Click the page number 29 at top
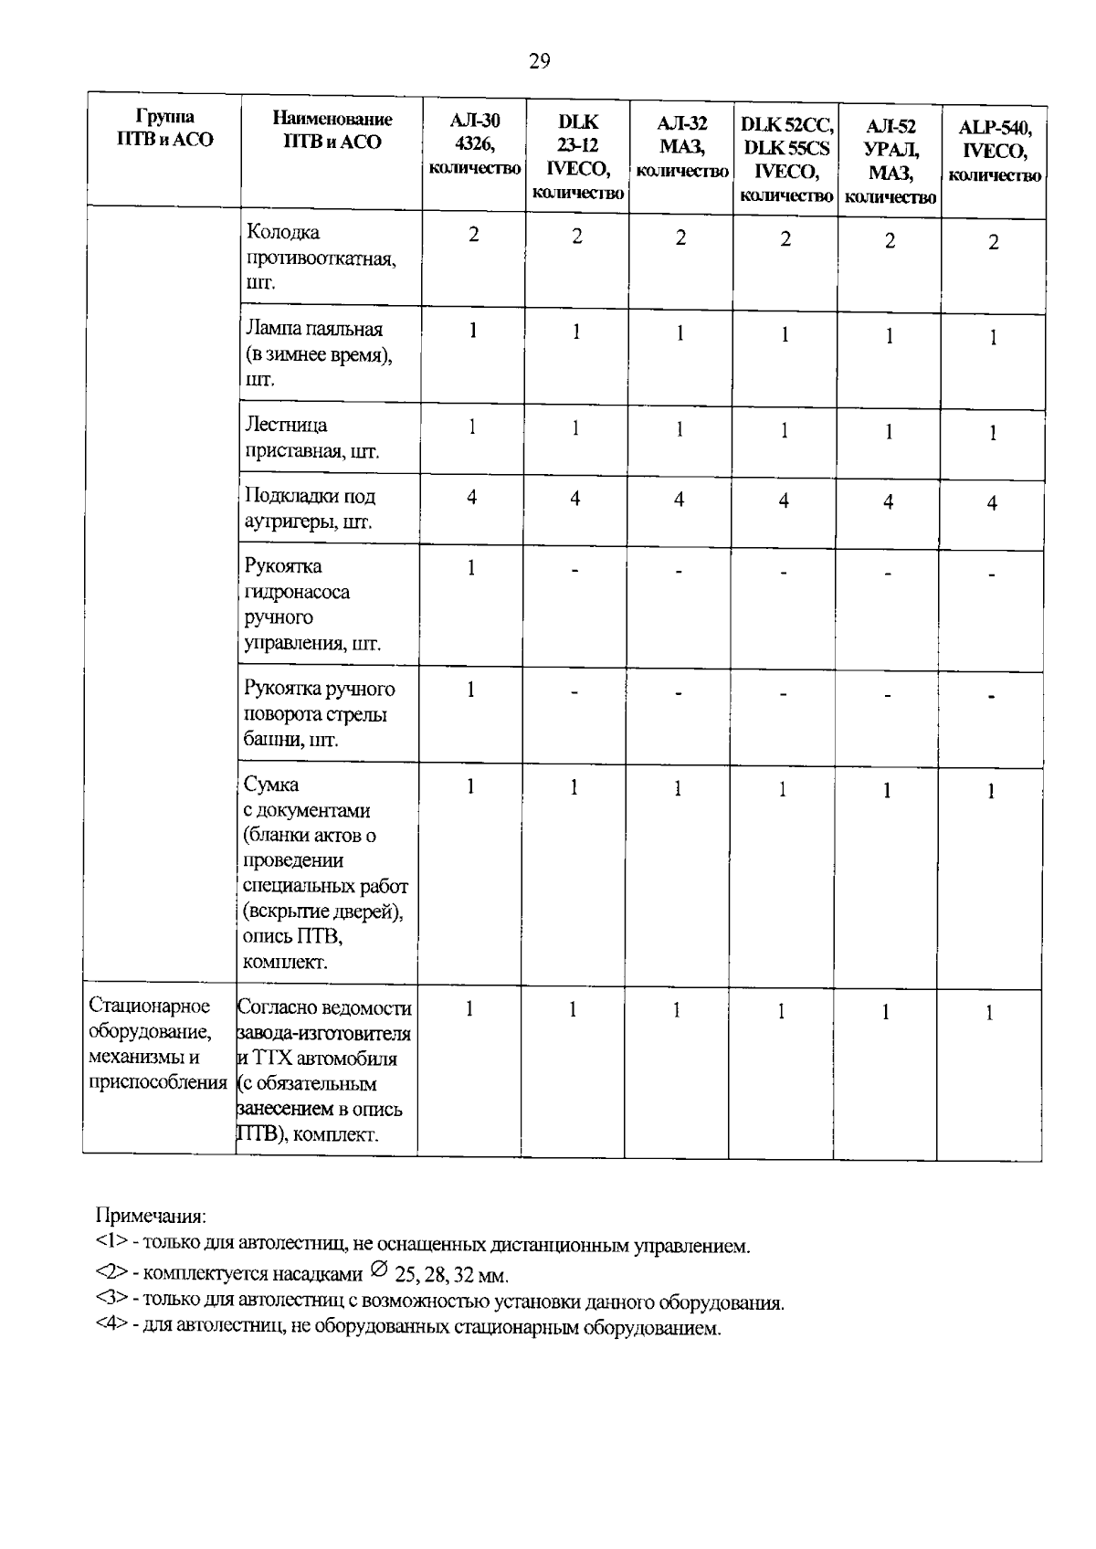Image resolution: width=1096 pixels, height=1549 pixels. (x=539, y=61)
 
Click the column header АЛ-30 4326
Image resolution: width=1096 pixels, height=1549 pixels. (x=474, y=144)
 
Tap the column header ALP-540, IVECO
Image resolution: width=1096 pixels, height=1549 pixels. (x=995, y=151)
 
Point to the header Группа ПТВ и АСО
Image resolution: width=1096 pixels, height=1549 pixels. (x=164, y=129)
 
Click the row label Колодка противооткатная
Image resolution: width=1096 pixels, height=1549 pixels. (x=320, y=258)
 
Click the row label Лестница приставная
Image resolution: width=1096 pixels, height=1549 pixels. (x=311, y=437)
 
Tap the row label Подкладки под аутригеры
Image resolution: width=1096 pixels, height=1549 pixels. (x=310, y=509)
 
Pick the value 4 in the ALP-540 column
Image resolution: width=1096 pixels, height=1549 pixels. (x=992, y=503)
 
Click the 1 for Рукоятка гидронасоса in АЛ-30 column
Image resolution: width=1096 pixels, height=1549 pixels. (x=471, y=568)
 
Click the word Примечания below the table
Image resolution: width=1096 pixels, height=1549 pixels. (x=152, y=1217)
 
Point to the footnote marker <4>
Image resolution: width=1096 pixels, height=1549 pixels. (x=111, y=1327)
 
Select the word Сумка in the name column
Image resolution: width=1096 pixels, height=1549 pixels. (x=271, y=785)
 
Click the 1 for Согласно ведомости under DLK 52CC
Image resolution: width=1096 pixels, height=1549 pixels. (x=782, y=1011)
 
